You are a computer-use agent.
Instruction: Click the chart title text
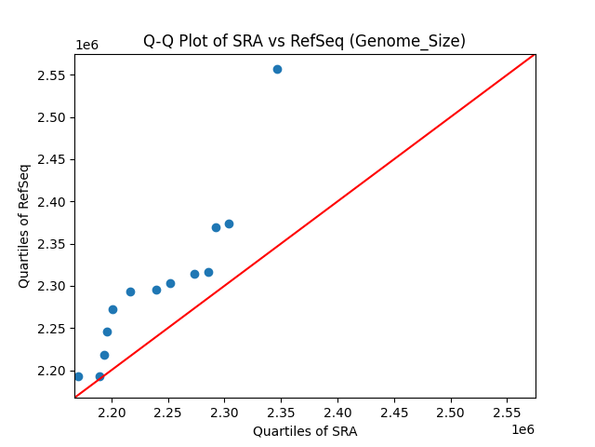tap(304, 41)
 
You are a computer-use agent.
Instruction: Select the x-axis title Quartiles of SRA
tap(304, 431)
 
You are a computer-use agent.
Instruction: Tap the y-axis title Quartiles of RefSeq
tap(25, 225)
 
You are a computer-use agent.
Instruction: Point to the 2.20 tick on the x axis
tap(112, 412)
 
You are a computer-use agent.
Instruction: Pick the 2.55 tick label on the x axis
tap(507, 412)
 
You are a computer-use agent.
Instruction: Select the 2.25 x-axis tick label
tap(168, 412)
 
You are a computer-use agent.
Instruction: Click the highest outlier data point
tap(277, 69)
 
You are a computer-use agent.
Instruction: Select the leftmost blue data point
tap(78, 376)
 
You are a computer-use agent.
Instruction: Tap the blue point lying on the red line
tap(99, 376)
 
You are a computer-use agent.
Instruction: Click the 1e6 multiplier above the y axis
tap(86, 45)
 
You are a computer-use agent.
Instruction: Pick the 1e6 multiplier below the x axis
tap(522, 429)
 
